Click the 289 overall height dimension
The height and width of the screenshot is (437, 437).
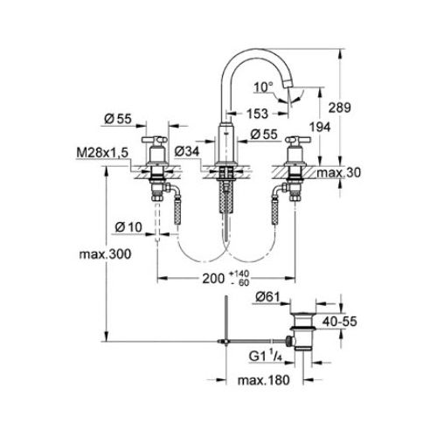click(340, 108)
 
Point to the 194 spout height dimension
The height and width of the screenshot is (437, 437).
click(320, 127)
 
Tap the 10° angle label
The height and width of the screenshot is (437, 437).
click(264, 87)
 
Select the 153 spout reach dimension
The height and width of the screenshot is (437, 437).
click(257, 114)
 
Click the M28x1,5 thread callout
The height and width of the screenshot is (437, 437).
click(102, 153)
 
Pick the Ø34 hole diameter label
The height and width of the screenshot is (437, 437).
click(187, 151)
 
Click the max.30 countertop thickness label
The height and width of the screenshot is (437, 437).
click(338, 173)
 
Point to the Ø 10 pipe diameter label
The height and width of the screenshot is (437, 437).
click(128, 227)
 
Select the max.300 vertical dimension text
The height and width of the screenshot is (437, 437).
click(105, 254)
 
